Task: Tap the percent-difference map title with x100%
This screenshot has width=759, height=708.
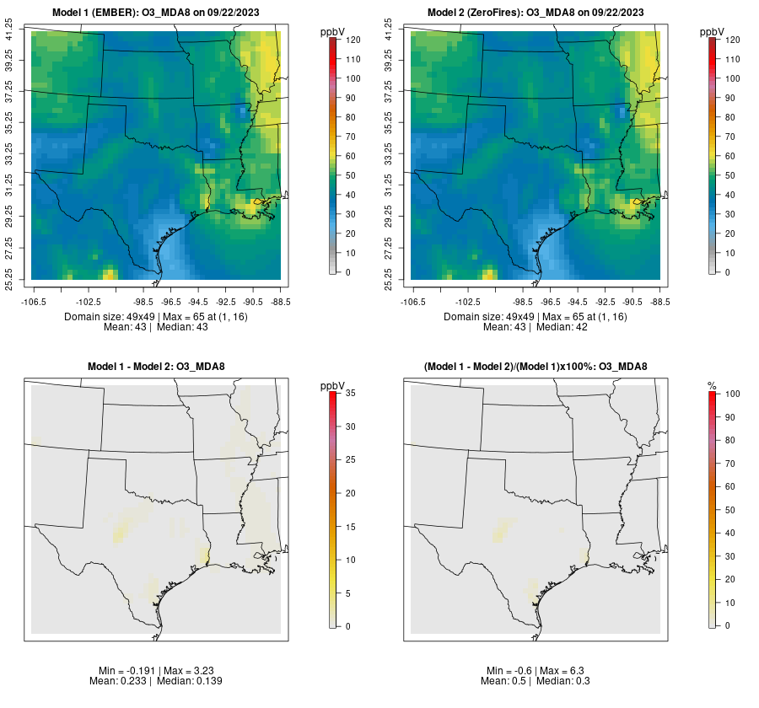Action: [536, 366]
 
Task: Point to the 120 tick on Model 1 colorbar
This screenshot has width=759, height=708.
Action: [353, 40]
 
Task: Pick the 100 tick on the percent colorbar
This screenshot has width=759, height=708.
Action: [732, 394]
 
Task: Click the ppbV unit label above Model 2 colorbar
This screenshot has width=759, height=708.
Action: [713, 31]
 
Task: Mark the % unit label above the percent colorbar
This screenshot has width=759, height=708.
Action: [712, 385]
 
